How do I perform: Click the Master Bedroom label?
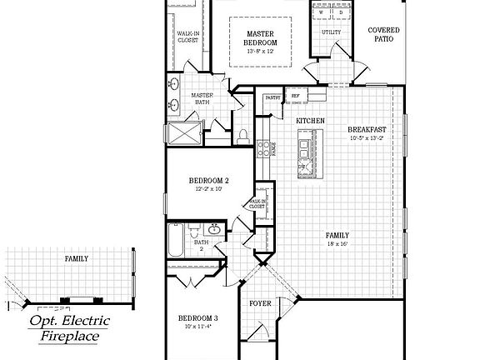(x=261, y=37)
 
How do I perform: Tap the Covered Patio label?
(x=383, y=35)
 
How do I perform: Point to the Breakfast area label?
(x=366, y=129)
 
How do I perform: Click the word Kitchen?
(x=310, y=122)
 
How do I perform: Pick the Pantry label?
(x=272, y=97)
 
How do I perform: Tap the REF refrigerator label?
(x=295, y=97)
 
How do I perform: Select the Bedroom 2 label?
(x=208, y=181)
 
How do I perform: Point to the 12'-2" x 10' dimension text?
(x=208, y=189)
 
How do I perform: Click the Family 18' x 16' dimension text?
(x=337, y=244)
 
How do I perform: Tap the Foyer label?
(x=261, y=303)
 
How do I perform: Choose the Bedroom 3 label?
(x=198, y=318)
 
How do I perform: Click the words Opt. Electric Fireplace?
(x=70, y=328)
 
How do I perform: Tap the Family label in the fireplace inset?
(x=77, y=259)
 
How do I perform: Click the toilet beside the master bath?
(x=242, y=134)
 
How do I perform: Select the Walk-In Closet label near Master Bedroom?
(x=187, y=36)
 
